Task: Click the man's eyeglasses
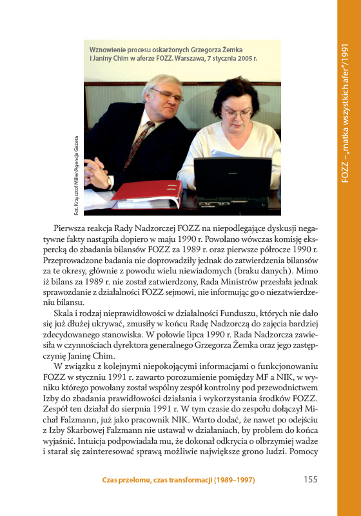tap(167, 95)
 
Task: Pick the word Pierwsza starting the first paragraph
tap(70, 229)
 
